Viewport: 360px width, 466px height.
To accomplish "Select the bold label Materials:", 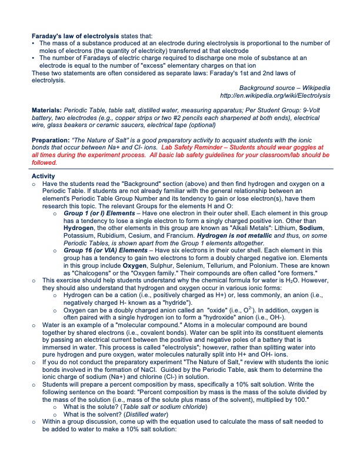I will click(x=46, y=110).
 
